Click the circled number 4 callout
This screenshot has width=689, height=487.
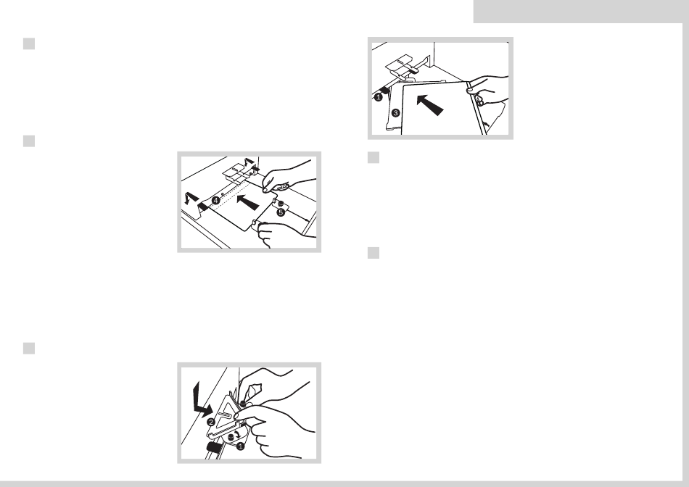point(215,201)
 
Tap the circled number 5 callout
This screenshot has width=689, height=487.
point(281,212)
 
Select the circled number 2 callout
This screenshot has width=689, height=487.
point(211,422)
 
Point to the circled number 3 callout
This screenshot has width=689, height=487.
point(395,113)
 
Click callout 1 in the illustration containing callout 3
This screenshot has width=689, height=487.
point(378,98)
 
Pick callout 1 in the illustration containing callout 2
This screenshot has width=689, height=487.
point(240,446)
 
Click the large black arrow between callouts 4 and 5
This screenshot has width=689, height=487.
point(247,202)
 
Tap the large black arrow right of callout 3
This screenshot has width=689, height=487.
point(429,104)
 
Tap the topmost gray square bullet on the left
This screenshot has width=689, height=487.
point(29,44)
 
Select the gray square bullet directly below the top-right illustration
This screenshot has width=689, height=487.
point(374,158)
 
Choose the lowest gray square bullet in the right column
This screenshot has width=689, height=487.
point(374,253)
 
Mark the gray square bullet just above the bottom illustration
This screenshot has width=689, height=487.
point(29,349)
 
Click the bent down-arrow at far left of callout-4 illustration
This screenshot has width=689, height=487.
point(191,198)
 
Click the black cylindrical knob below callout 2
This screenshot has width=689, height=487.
point(215,447)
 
